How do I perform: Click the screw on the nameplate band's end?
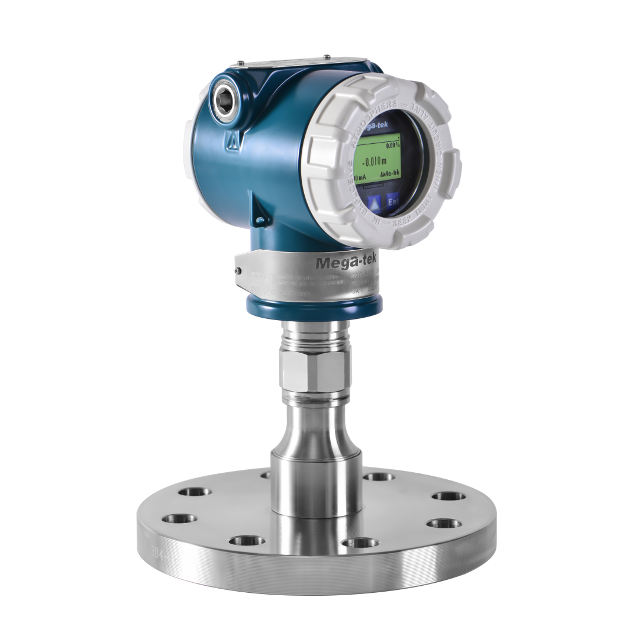(238, 270)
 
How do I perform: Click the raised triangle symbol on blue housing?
(233, 140)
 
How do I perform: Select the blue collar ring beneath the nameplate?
(314, 308)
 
